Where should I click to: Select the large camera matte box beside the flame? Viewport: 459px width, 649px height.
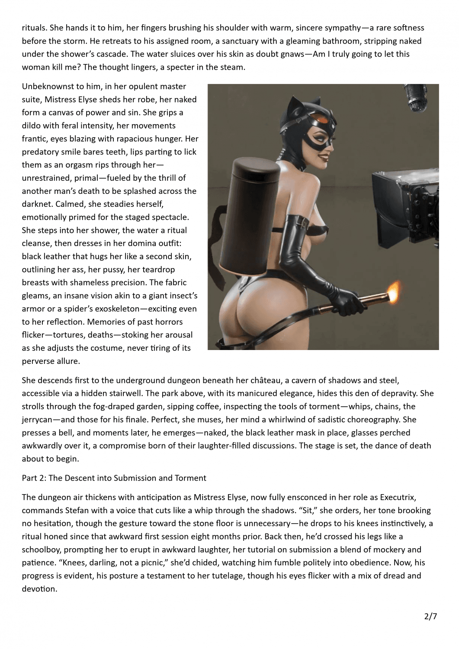[x=411, y=203]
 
